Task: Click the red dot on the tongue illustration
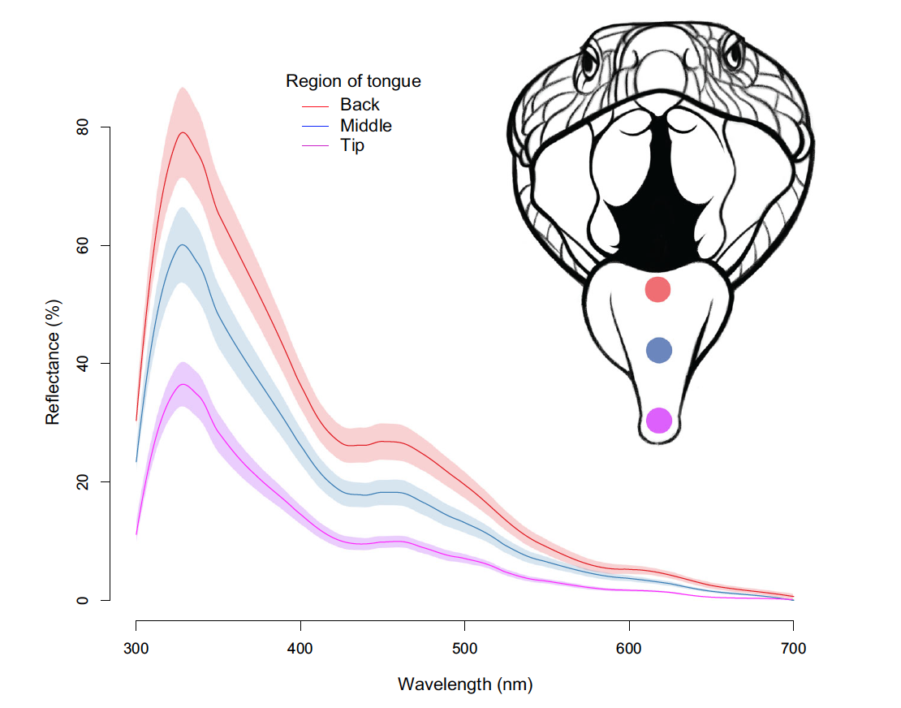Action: tap(657, 289)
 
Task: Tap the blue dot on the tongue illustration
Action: tap(659, 350)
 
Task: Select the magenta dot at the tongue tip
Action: tap(659, 421)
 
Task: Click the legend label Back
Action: tap(360, 105)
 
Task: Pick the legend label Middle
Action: tap(365, 126)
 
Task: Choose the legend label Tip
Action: tap(352, 146)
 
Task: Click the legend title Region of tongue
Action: tap(353, 81)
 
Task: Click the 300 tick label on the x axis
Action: tap(136, 649)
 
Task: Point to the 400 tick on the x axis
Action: tap(300, 649)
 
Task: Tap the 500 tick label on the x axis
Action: tap(464, 649)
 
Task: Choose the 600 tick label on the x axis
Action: tap(629, 649)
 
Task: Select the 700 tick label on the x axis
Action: tap(793, 649)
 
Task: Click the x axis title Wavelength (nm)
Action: tap(465, 684)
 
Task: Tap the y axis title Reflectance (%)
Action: tap(53, 364)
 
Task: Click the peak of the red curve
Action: tap(183, 132)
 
